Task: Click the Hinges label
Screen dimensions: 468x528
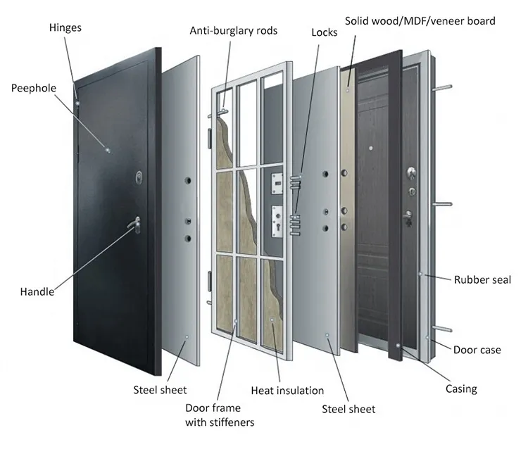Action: click(65, 28)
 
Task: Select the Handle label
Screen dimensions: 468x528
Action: click(37, 291)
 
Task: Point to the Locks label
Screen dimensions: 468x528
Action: click(325, 32)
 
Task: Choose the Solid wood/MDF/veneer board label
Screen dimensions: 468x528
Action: click(420, 20)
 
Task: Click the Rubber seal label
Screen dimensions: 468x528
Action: click(482, 279)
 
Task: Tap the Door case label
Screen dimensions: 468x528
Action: click(477, 350)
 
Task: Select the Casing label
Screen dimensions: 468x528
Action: click(461, 388)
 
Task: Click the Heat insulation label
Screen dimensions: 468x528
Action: click(287, 390)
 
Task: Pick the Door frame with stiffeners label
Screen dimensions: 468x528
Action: click(220, 415)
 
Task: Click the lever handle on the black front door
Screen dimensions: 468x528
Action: click(134, 224)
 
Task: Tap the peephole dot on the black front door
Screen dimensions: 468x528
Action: click(107, 149)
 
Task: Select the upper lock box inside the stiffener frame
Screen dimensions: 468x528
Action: click(277, 185)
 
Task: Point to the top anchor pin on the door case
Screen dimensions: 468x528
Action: click(443, 89)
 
